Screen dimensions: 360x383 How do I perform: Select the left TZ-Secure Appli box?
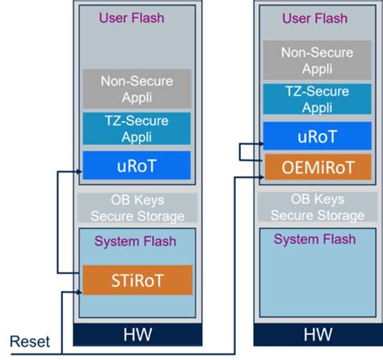click(x=137, y=129)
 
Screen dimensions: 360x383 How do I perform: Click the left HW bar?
click(x=137, y=334)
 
